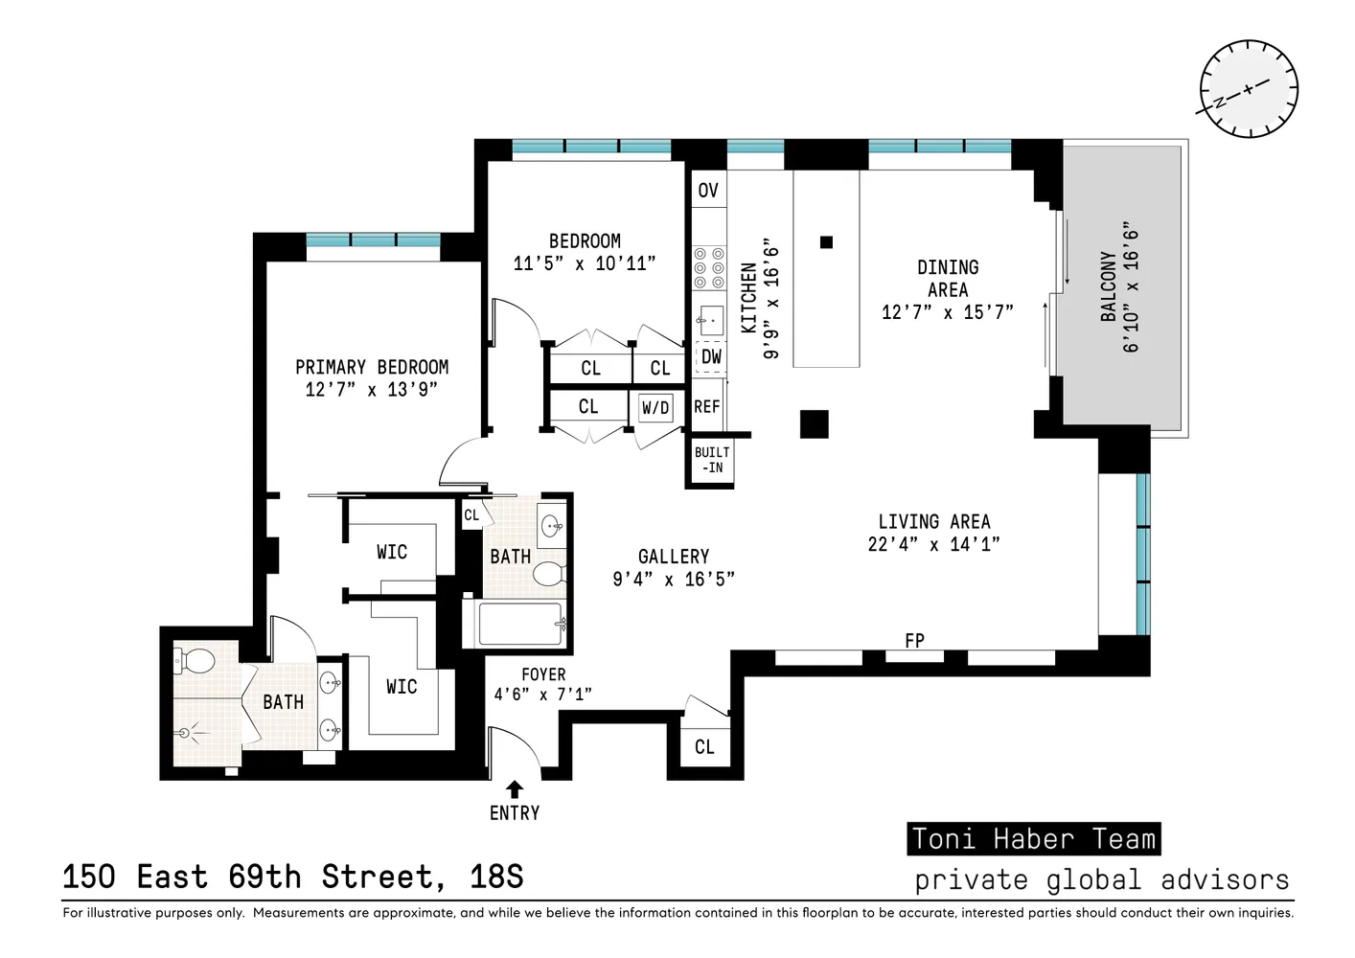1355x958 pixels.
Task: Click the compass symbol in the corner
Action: [x=1248, y=89]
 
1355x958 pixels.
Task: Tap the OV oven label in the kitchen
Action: [x=708, y=190]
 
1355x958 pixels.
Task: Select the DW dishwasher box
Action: [x=711, y=356]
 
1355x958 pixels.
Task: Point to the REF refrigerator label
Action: [x=707, y=407]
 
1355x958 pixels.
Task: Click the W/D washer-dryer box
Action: [x=655, y=408]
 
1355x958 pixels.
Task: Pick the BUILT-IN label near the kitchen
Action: [x=712, y=460]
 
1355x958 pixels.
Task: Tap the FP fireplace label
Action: [x=914, y=640]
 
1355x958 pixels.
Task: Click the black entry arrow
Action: [x=515, y=789]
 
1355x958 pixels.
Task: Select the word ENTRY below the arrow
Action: [x=515, y=813]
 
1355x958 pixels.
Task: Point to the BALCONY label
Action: [x=1108, y=286]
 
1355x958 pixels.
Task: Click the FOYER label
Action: [x=543, y=674]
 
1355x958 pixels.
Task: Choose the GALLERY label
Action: [x=674, y=557]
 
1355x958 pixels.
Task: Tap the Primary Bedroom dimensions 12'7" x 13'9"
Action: [x=371, y=390]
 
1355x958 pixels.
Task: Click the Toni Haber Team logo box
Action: [x=1033, y=839]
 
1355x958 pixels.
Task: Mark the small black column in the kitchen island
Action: [x=826, y=242]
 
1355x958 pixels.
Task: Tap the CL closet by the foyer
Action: [x=704, y=747]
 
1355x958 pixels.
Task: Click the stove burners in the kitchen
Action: [x=709, y=268]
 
